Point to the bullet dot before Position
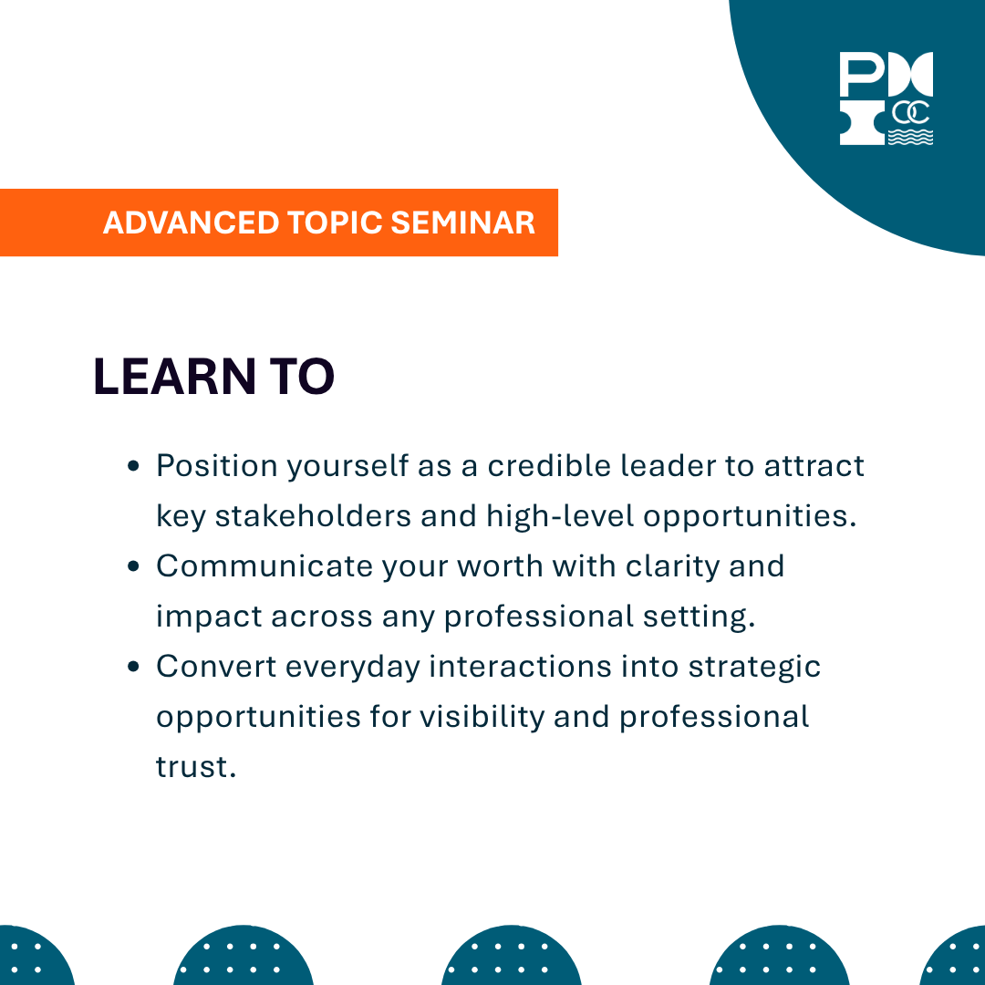coord(133,467)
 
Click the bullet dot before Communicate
coord(133,567)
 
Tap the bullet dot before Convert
coord(133,668)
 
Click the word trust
coord(195,767)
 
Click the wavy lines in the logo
coord(910,137)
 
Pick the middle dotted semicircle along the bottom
coord(511,958)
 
